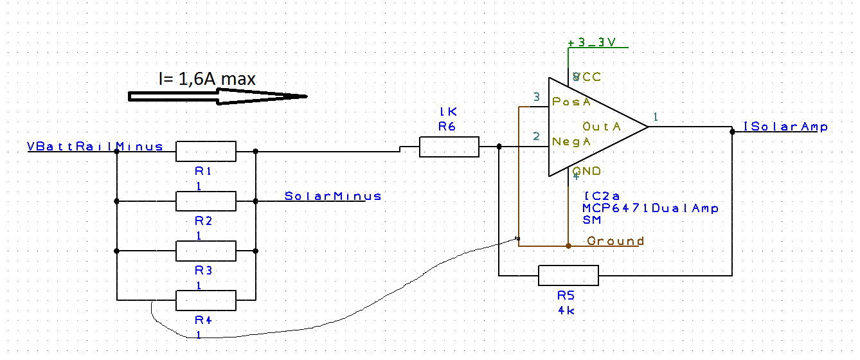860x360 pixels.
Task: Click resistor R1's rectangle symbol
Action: (206, 152)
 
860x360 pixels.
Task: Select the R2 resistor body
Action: (206, 201)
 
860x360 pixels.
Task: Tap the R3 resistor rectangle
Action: (206, 251)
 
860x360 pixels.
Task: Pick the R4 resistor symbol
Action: (206, 300)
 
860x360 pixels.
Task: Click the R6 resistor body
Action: (449, 147)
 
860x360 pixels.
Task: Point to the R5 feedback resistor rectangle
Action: (568, 275)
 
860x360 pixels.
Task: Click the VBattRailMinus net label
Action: (95, 146)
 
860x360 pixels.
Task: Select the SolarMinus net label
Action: (333, 196)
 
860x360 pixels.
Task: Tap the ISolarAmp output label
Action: (785, 127)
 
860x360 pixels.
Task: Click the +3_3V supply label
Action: (592, 42)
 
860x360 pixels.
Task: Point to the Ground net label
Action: (615, 241)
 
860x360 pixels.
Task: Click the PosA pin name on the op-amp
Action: (571, 102)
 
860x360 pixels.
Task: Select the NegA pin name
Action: (571, 141)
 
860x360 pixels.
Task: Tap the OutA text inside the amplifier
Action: (602, 127)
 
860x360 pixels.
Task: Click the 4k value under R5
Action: (566, 310)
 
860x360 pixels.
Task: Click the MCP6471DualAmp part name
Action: (650, 208)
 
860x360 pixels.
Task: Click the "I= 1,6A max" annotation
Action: (207, 79)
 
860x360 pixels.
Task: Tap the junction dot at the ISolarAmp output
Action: (732, 132)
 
